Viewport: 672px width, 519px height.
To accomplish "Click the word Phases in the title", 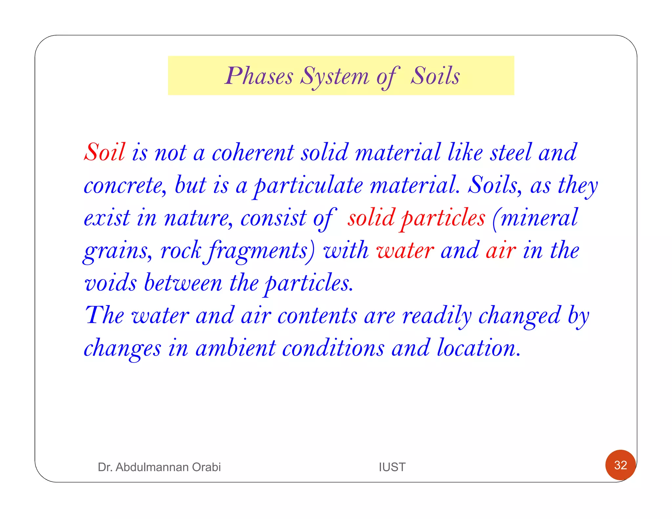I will (x=259, y=76).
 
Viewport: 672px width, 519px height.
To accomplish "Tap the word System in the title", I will (x=335, y=77).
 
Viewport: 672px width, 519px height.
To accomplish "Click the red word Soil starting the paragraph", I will (x=105, y=152).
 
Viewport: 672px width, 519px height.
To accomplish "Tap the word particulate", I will (x=309, y=186).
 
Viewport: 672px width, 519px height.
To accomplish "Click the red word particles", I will (x=443, y=218).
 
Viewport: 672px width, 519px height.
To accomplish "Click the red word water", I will (x=405, y=251).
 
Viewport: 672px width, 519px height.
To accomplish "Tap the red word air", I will (x=501, y=251).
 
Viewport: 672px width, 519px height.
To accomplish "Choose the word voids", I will (x=110, y=283).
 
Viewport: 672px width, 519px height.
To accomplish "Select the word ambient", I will (x=236, y=348).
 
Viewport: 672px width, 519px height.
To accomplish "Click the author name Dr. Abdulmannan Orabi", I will (x=159, y=467).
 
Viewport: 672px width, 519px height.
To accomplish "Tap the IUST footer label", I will (x=392, y=467).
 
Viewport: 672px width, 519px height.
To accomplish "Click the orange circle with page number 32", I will (x=620, y=465).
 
